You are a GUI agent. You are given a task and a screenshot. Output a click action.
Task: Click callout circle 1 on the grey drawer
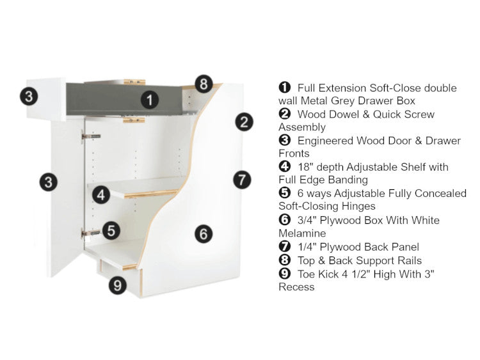point(150,100)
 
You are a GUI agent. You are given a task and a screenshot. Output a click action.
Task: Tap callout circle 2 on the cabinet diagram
point(244,122)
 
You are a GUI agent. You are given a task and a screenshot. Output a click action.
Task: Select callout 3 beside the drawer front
point(29,97)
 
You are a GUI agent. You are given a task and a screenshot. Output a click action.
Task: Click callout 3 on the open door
point(49,182)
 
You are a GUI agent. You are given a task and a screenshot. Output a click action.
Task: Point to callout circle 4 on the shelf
point(101,195)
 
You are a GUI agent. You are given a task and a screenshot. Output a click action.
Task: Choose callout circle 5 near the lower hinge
point(111,231)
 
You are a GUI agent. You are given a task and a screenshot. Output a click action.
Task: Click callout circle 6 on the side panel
point(204,234)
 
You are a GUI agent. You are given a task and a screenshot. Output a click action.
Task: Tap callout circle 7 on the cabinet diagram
point(242,180)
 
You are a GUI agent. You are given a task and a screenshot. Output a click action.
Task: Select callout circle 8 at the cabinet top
point(204,84)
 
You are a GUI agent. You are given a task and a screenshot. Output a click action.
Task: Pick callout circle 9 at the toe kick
point(118,285)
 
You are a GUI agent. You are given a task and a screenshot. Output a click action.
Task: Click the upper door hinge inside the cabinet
point(91,136)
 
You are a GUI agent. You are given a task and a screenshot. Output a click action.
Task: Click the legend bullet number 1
point(284,88)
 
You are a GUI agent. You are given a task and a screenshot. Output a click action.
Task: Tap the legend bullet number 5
point(284,193)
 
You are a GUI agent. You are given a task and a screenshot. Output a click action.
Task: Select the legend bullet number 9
point(284,274)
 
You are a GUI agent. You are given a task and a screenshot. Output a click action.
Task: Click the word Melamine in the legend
point(302,233)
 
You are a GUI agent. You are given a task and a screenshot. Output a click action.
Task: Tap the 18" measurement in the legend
point(305,167)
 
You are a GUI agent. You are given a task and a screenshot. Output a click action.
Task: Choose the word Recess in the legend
point(296,287)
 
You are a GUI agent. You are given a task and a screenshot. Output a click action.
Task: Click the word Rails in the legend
point(410,261)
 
